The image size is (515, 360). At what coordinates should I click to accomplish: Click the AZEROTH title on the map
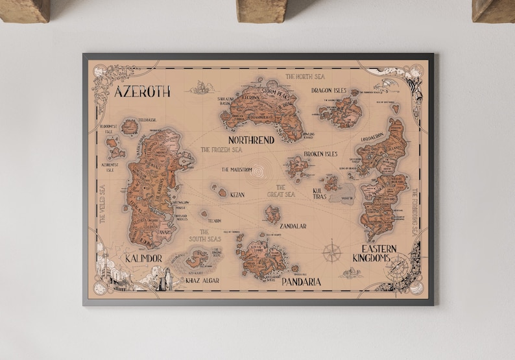[x=142, y=91]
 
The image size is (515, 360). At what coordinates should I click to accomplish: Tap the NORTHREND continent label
[x=251, y=139]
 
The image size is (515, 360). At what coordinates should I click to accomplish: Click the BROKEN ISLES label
[x=322, y=154]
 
